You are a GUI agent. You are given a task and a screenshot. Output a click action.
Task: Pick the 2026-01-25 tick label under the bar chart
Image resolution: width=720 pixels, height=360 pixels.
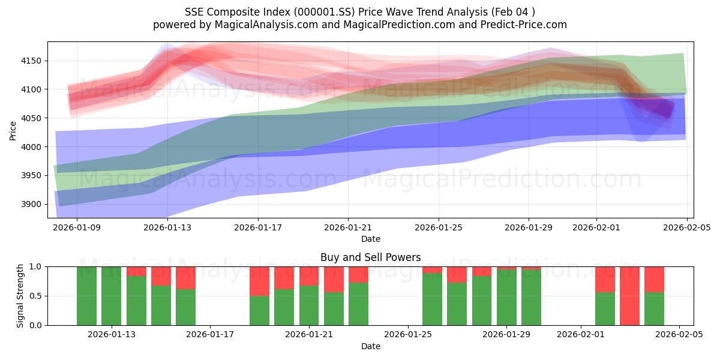point(408,335)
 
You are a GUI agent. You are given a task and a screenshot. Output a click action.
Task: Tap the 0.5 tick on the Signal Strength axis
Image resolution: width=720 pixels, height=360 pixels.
point(37,296)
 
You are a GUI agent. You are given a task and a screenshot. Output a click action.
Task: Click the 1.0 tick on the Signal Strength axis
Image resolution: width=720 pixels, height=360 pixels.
point(37,266)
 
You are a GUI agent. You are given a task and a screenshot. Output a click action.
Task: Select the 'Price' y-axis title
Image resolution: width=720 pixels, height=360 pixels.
point(13,130)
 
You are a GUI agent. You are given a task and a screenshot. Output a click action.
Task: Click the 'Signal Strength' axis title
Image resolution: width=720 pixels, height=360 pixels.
point(20,296)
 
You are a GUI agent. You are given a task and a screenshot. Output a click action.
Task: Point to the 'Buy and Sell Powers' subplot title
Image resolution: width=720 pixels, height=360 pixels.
point(370,257)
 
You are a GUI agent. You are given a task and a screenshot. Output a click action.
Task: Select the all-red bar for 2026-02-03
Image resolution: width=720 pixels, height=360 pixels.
point(629,296)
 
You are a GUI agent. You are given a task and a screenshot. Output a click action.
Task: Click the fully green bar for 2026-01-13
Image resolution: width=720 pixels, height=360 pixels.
point(111,296)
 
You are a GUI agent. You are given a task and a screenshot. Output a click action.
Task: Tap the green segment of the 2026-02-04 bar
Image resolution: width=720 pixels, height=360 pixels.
point(654,309)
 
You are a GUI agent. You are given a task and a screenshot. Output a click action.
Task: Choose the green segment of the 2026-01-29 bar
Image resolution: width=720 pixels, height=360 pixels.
point(506,298)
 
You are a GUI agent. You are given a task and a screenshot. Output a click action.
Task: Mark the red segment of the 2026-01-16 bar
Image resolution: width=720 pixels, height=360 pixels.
point(185,277)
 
